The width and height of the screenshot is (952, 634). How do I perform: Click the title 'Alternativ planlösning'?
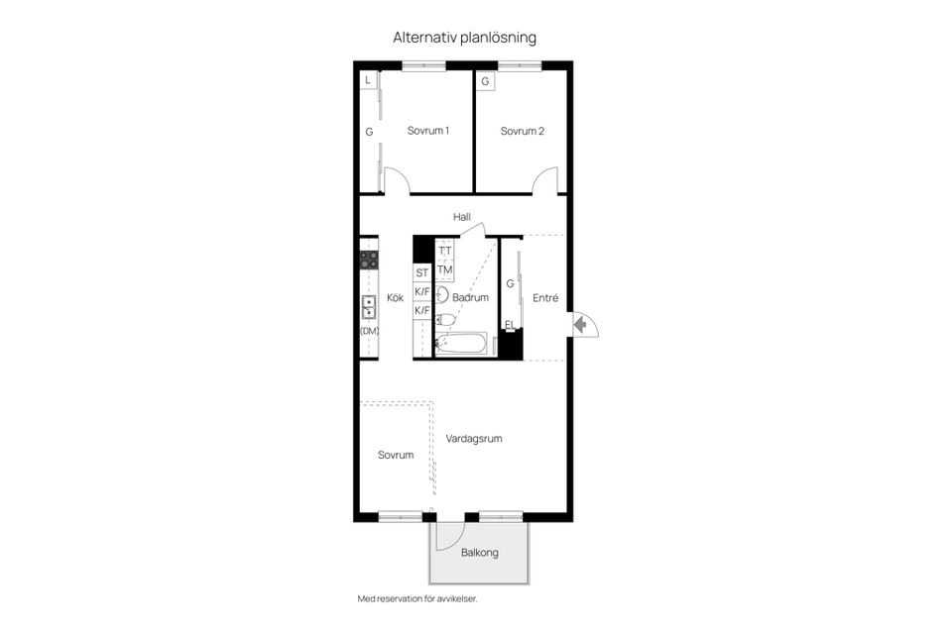(x=464, y=38)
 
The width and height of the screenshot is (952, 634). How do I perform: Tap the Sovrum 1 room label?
(x=428, y=131)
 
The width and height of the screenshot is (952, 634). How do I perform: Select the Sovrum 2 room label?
(x=523, y=131)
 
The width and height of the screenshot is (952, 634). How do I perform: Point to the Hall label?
(x=462, y=217)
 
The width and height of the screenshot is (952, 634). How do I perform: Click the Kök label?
(x=396, y=297)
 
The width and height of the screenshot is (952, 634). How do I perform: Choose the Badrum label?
(x=470, y=297)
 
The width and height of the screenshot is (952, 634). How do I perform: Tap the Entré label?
(x=545, y=298)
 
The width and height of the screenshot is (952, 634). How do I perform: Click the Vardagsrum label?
(x=474, y=439)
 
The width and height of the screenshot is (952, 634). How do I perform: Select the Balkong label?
(x=480, y=553)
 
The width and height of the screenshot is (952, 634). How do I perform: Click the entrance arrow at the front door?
(x=580, y=325)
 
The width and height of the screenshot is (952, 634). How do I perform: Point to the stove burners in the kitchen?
(x=369, y=261)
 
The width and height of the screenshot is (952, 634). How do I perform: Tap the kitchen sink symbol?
(x=369, y=307)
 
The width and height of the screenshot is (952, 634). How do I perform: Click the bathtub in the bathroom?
(x=461, y=344)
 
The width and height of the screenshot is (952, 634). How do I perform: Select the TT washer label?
(x=445, y=251)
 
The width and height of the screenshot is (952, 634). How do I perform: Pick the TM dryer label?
(x=445, y=269)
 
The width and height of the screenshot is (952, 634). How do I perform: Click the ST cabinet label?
(x=422, y=273)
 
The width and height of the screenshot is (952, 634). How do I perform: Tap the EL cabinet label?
(x=510, y=325)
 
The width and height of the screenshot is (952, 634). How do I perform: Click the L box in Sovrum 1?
(x=368, y=80)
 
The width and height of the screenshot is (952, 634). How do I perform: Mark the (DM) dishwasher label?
(x=370, y=331)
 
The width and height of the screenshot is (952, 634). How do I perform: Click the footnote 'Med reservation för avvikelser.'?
(x=417, y=598)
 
